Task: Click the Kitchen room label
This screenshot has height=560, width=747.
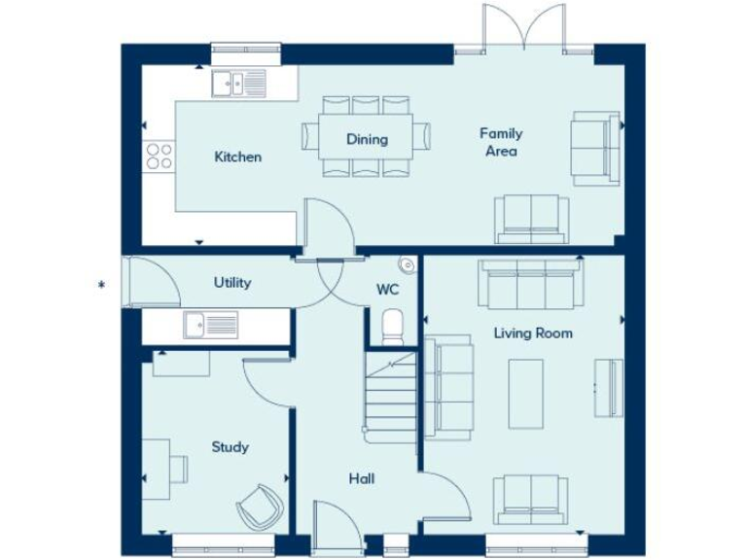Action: [x=237, y=157]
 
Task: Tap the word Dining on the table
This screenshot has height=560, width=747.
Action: [x=367, y=139]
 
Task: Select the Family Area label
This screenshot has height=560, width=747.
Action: [x=501, y=142]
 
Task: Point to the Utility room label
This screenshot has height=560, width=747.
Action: [x=232, y=282]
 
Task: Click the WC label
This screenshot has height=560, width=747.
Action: [x=386, y=289]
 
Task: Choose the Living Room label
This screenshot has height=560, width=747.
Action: [x=532, y=332]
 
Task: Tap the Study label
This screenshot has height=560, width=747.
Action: [x=231, y=447]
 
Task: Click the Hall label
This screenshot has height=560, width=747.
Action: [x=361, y=478]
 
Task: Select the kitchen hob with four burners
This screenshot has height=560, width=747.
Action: [x=159, y=157]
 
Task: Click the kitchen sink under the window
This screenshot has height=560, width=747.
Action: [x=238, y=85]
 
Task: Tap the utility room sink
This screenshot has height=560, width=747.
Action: [x=210, y=324]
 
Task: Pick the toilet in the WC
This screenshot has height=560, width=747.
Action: [x=392, y=326]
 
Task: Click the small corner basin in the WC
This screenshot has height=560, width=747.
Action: [x=407, y=263]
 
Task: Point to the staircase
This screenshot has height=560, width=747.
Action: [x=391, y=394]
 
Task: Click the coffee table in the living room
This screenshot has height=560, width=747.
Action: [x=526, y=394]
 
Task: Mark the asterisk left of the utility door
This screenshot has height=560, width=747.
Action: [x=100, y=285]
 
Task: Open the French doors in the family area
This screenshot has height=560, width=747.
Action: [x=524, y=29]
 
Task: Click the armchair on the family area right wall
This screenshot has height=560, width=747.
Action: [x=594, y=148]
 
